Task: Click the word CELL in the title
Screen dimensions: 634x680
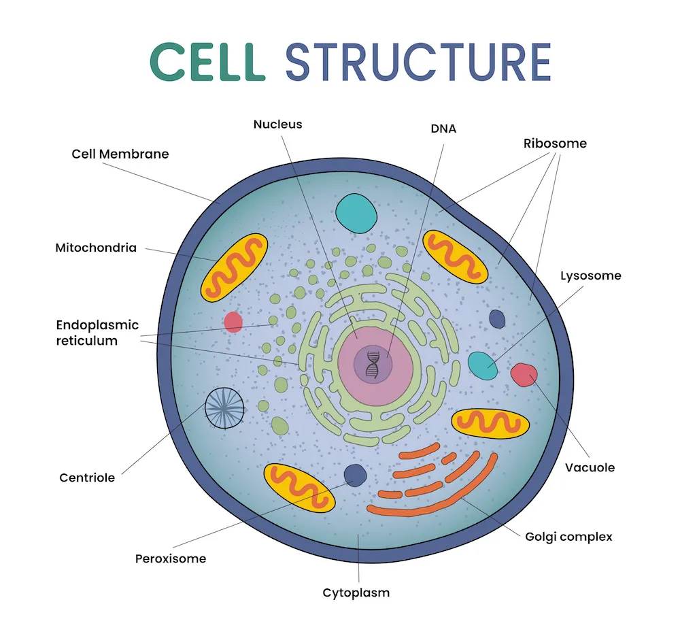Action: (207, 62)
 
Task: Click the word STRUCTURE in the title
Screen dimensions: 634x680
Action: (418, 62)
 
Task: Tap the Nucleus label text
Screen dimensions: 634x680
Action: (277, 124)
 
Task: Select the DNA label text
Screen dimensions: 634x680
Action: (444, 128)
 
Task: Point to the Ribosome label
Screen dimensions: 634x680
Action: (555, 144)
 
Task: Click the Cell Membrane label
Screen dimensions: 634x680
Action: (120, 154)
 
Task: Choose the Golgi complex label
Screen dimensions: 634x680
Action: (568, 537)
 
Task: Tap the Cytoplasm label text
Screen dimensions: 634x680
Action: (356, 593)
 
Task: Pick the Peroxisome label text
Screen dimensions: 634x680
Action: (171, 558)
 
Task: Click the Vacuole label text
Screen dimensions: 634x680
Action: (590, 467)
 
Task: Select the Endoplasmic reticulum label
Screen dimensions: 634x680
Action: (97, 333)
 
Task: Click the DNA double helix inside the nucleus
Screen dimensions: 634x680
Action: (373, 363)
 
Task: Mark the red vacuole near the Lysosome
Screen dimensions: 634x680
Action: (524, 375)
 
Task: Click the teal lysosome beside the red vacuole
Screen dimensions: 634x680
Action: (483, 365)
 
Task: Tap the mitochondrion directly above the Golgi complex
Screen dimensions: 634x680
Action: (490, 423)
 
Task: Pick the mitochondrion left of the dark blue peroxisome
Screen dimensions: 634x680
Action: (299, 487)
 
